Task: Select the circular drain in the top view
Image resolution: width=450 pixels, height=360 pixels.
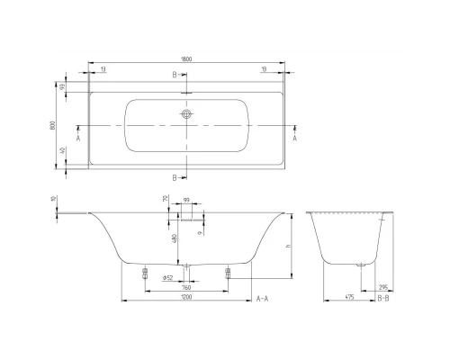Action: tap(187, 115)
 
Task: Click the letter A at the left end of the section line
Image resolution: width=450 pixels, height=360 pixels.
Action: tap(78, 139)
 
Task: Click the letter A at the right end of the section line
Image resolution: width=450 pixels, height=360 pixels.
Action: tap(297, 139)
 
